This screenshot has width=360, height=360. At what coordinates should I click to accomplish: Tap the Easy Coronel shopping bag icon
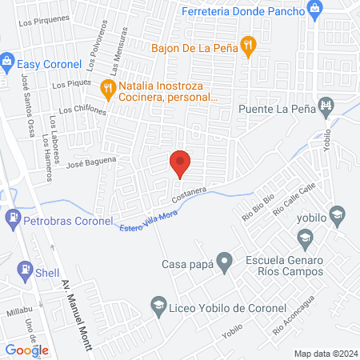pos(7,61)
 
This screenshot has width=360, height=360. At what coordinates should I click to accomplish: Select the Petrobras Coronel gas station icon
pos(13,216)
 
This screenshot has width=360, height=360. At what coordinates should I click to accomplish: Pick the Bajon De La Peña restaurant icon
pos(249,47)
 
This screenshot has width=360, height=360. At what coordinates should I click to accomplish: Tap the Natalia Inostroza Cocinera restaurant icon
pos(105,87)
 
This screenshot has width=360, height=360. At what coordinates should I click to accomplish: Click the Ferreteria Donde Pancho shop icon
pos(316,10)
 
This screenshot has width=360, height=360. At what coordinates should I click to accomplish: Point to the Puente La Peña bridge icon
pos(326,105)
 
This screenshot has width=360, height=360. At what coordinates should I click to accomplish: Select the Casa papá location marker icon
pos(226,260)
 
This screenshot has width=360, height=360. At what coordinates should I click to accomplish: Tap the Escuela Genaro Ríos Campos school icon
pos(304,237)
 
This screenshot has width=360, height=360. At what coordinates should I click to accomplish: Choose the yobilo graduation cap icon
pos(338,214)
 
